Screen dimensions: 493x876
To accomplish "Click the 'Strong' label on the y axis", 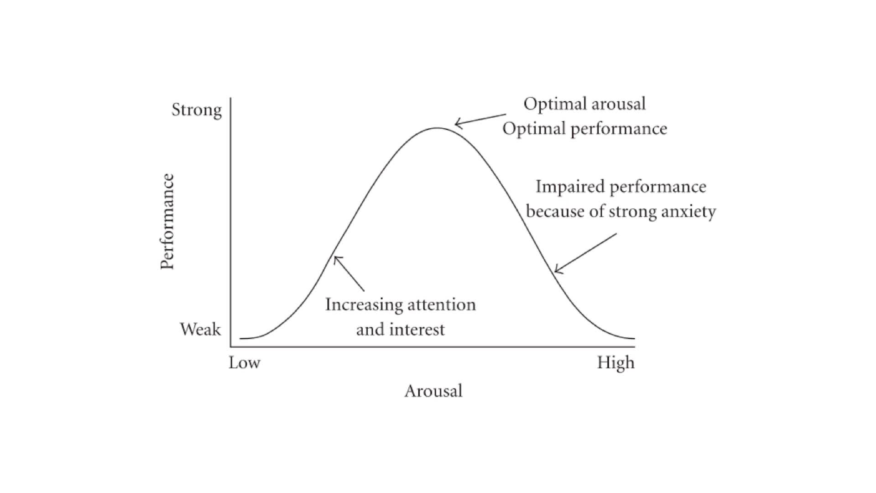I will (197, 110).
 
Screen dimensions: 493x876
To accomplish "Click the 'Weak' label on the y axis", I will (200, 329).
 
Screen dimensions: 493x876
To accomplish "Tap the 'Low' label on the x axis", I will (245, 363).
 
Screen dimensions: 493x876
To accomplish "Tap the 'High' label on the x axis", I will (616, 363).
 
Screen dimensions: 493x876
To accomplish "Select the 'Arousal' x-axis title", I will (433, 391).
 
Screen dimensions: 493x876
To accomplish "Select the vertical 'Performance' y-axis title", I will (167, 222).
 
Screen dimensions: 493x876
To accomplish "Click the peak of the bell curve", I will (437, 128).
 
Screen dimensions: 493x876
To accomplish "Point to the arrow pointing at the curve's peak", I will (480, 120).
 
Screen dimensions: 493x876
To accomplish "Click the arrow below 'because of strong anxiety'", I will (585, 253).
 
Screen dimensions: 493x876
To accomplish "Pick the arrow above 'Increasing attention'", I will (349, 273).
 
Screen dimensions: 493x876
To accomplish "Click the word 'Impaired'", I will (570, 187).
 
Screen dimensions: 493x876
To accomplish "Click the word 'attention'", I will (441, 304).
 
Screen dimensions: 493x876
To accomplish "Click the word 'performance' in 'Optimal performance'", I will (619, 129).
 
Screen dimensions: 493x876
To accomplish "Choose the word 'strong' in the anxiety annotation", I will (632, 212).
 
